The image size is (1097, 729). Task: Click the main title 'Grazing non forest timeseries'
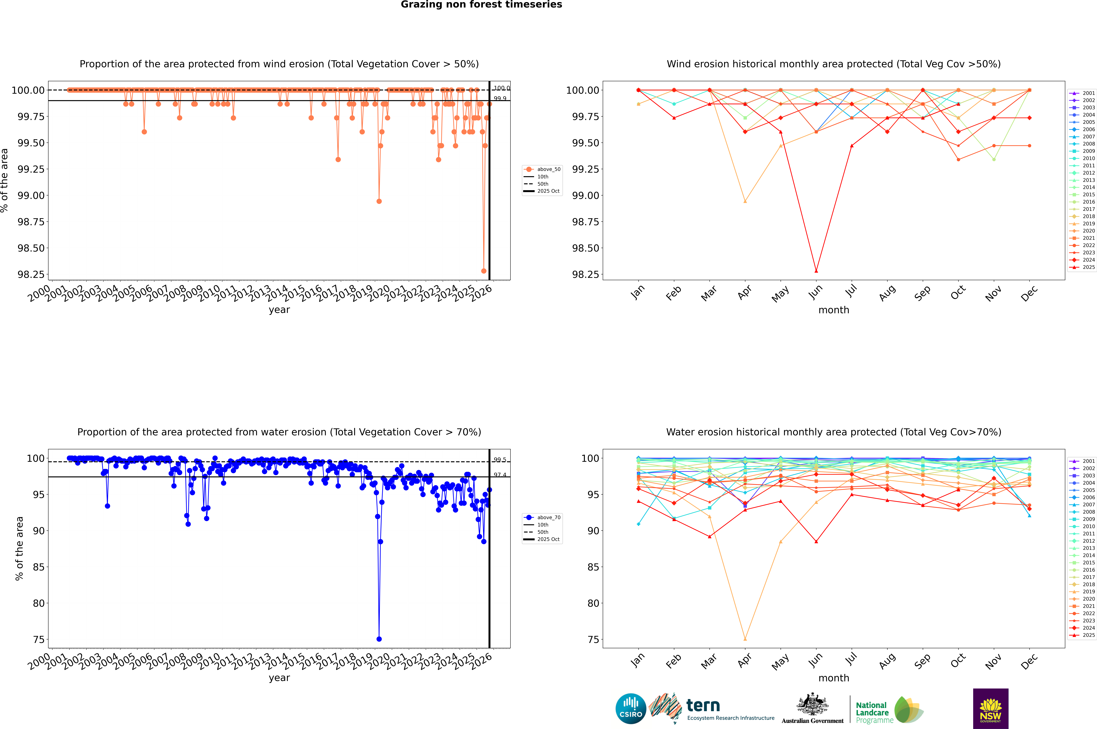tap(481, 5)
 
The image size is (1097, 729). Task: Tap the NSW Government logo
tap(990, 709)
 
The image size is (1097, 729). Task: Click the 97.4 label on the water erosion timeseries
tap(500, 475)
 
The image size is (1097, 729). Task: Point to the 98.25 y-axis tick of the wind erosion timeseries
tap(31, 274)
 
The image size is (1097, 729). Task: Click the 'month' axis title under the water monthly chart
tap(833, 678)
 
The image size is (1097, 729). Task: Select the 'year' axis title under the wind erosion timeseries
tap(279, 310)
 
